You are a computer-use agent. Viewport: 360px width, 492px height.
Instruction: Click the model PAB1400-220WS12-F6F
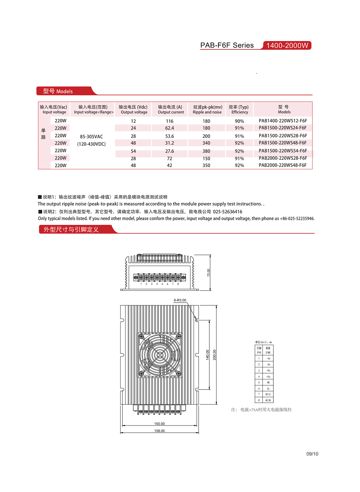pyautogui.click(x=282, y=121)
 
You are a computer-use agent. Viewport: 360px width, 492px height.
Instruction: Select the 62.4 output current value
pyautogui.click(x=169, y=128)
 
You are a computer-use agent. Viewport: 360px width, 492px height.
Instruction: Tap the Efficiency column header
pyautogui.click(x=239, y=109)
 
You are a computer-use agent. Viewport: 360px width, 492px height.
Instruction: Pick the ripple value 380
pyautogui.click(x=206, y=151)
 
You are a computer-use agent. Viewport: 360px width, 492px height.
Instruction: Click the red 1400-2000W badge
pyautogui.click(x=287, y=45)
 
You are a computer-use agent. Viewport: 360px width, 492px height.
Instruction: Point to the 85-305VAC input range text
pyautogui.click(x=92, y=137)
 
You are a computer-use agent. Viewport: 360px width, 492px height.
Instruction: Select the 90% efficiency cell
pyautogui.click(x=239, y=121)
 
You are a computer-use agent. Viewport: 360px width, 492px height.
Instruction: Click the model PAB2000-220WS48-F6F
pyautogui.click(x=282, y=165)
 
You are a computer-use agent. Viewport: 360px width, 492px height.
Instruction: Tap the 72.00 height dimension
pyautogui.click(x=209, y=273)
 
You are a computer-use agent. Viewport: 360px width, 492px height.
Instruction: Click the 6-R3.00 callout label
pyautogui.click(x=180, y=300)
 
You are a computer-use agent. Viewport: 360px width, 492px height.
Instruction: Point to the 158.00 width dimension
pyautogui.click(x=159, y=431)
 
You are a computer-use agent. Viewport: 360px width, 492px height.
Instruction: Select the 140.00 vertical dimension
pyautogui.click(x=207, y=355)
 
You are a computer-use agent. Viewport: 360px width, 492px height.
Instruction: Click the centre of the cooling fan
pyautogui.click(x=159, y=355)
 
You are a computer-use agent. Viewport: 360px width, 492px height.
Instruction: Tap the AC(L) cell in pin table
pyautogui.click(x=268, y=394)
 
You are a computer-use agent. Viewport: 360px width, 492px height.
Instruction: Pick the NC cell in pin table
pyautogui.click(x=268, y=382)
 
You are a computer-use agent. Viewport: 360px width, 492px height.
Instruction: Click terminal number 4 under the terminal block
pyautogui.click(x=157, y=284)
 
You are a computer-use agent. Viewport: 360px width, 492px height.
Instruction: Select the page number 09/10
pyautogui.click(x=312, y=454)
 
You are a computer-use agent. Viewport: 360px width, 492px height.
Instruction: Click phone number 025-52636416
pyautogui.click(x=228, y=212)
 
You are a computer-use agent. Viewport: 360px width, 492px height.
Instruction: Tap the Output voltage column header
pyautogui.click(x=133, y=109)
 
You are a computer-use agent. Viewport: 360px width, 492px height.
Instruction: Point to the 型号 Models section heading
pyautogui.click(x=58, y=91)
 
